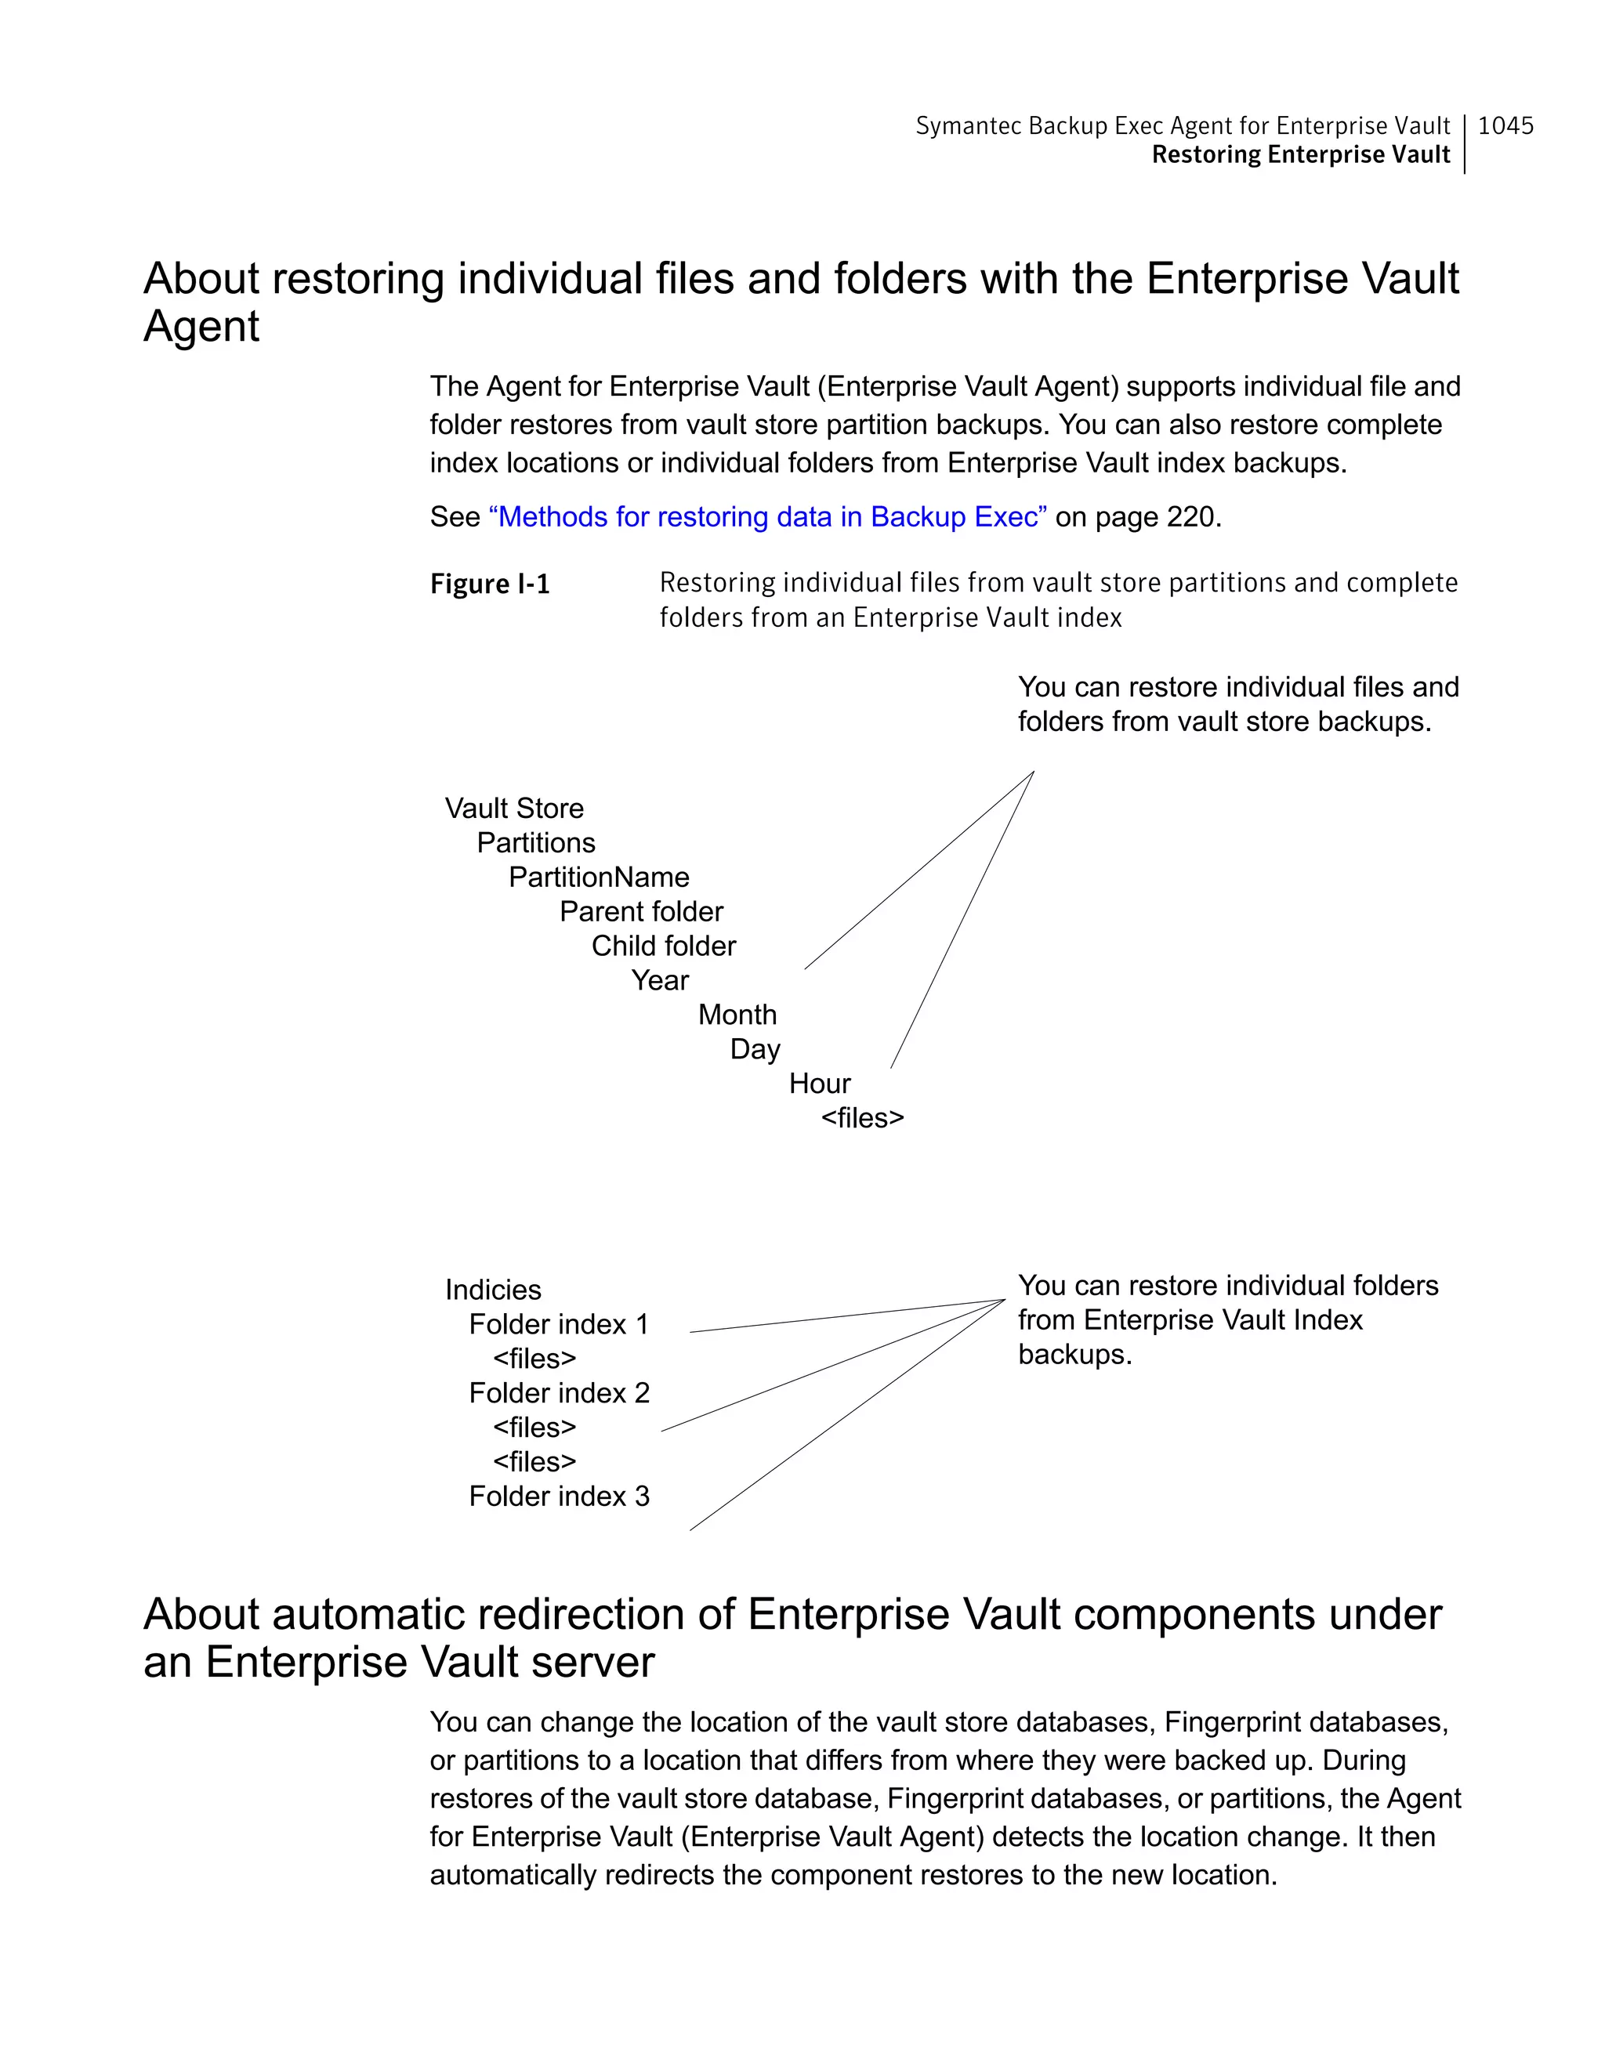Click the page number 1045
point(1505,125)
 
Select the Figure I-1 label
point(489,584)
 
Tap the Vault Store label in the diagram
point(514,809)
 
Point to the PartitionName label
point(599,878)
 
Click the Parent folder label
point(640,911)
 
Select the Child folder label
point(663,946)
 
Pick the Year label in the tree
point(661,980)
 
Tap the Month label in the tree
point(737,1015)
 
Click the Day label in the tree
point(755,1049)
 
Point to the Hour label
point(819,1084)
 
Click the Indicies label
point(493,1290)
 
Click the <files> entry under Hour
point(863,1118)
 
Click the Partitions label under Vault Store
point(535,842)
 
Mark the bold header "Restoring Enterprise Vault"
point(1300,155)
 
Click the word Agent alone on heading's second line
point(201,327)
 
